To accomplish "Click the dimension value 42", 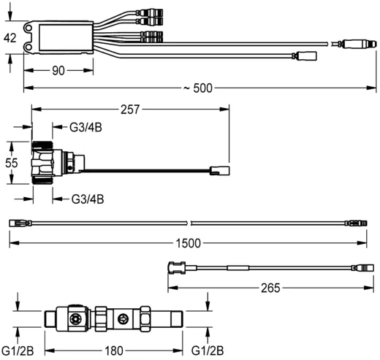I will click(x=10, y=39).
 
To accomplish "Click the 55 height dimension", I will click(x=10, y=163).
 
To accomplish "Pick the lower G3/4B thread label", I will click(x=87, y=198).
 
